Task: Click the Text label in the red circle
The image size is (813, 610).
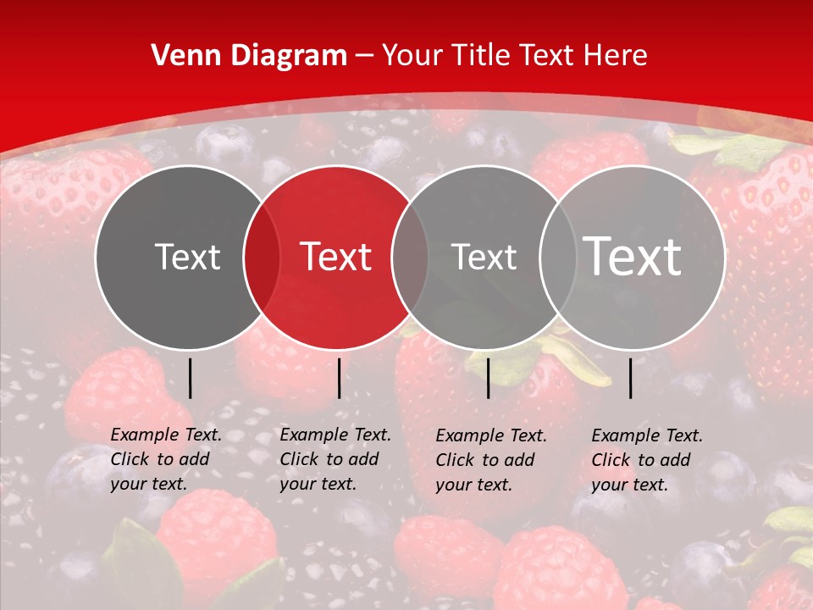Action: pos(336,257)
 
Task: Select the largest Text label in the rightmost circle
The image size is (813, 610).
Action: pos(633,256)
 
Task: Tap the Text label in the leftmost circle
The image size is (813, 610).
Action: pos(187,257)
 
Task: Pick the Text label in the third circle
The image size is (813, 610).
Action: pos(484,257)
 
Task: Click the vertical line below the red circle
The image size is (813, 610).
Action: pos(339,378)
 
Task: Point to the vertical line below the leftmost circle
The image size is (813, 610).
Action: pos(190,378)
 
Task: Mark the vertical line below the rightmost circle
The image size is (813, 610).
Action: pos(631,378)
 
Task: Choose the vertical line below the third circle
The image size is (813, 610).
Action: pos(488,378)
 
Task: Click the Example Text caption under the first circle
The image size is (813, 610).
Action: pos(166,459)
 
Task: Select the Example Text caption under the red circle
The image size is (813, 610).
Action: pos(335,459)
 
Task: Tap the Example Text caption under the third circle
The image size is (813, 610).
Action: pos(491,460)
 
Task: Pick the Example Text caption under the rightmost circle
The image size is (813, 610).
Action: pos(647,460)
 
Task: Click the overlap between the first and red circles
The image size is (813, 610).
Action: pos(262,257)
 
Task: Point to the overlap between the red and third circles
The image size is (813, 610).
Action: pos(409,257)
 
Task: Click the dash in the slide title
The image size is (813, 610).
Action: pos(364,57)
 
